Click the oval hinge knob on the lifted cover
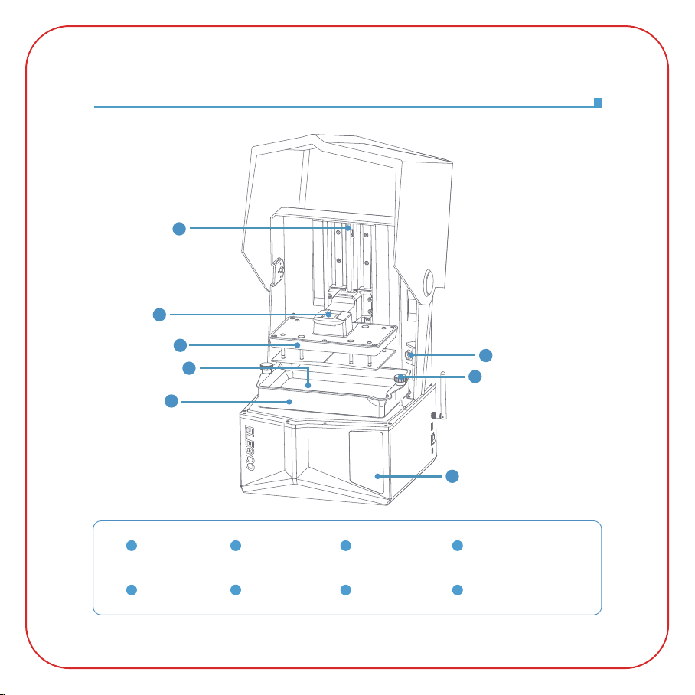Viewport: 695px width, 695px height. (426, 284)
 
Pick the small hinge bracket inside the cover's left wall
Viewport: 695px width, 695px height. (281, 270)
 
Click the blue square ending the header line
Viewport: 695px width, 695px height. (598, 103)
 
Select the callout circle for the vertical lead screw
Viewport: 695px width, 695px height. (178, 228)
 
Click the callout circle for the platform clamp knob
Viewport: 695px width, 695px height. (158, 314)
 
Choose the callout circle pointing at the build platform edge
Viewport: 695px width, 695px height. (179, 344)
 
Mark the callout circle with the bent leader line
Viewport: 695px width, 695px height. (189, 369)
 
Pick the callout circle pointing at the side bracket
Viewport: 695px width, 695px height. (485, 355)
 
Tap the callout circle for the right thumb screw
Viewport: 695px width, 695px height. (475, 377)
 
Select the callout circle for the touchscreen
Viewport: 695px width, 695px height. (452, 476)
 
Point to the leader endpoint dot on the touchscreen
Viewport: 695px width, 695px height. (379, 476)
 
